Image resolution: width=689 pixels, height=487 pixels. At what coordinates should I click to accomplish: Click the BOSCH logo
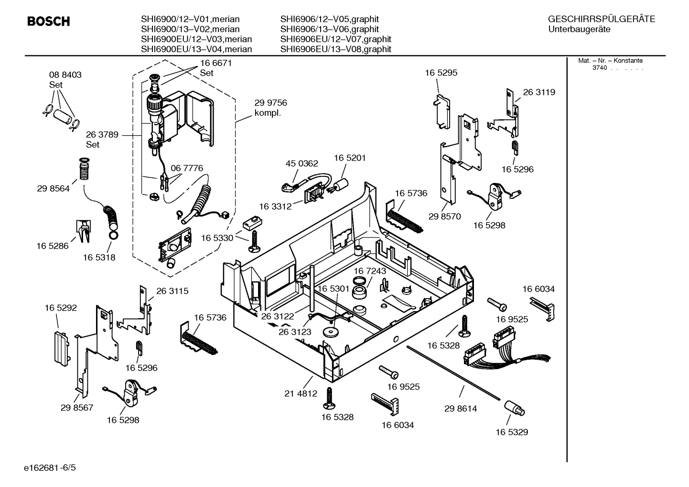click(x=48, y=22)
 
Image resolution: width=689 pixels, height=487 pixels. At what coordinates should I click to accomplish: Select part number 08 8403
click(x=65, y=75)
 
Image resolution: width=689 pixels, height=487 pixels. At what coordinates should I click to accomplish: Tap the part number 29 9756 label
click(x=270, y=103)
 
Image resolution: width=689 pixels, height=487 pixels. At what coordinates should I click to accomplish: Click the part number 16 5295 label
click(x=441, y=73)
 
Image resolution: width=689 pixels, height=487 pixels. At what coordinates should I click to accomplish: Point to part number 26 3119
click(x=539, y=92)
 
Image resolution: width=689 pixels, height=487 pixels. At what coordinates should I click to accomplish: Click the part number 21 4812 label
click(x=301, y=394)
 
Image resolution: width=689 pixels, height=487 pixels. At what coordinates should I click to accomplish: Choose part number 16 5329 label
click(x=511, y=432)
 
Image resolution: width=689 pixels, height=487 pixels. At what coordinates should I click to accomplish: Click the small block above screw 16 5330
click(x=252, y=223)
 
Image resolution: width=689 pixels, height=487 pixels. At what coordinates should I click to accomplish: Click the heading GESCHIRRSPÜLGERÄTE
click(x=601, y=19)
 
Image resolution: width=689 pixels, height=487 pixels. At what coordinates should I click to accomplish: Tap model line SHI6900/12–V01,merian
click(x=190, y=19)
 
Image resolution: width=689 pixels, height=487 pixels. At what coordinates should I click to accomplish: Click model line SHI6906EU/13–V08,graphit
click(x=335, y=49)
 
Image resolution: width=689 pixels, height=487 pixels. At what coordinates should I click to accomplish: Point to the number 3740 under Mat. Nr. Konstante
click(x=599, y=68)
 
